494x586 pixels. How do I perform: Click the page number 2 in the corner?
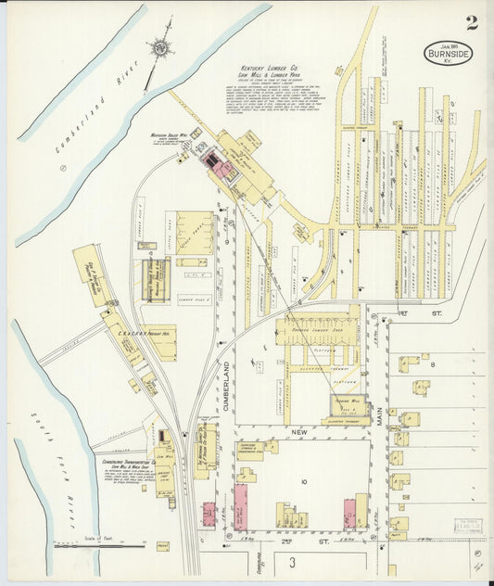point(473,22)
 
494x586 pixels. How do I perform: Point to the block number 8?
point(431,365)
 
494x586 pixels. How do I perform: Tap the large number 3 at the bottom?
point(292,563)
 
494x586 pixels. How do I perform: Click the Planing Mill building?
point(349,406)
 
